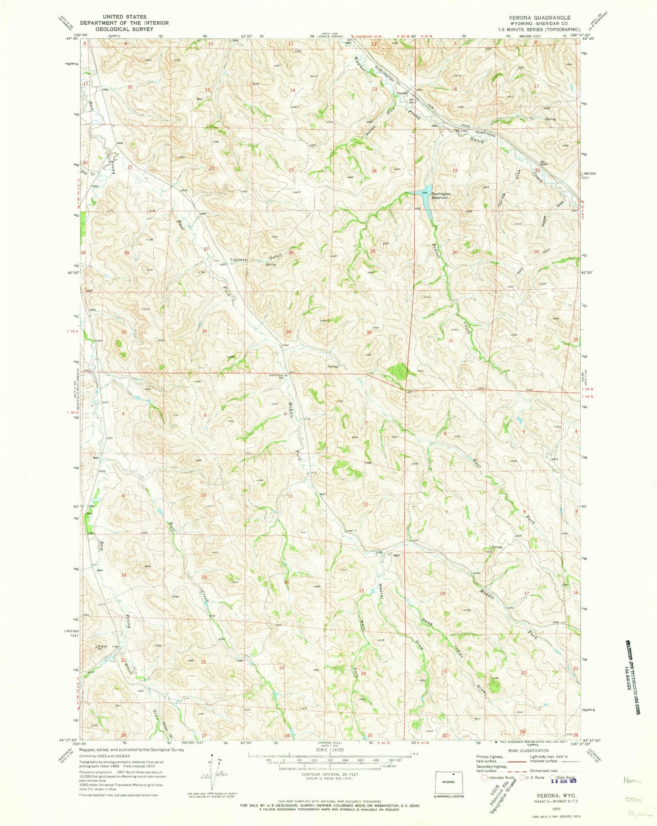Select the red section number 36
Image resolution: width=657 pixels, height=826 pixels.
[x=369, y=332]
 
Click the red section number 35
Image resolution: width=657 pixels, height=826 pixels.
[x=288, y=332]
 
